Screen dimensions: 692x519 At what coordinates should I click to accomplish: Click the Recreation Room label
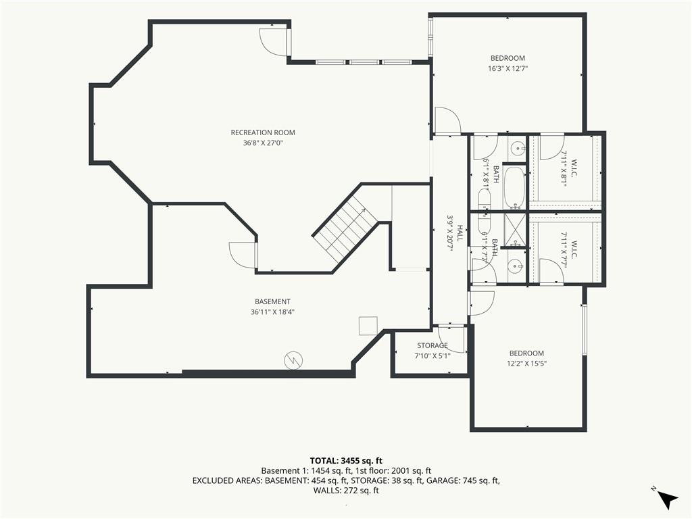263,132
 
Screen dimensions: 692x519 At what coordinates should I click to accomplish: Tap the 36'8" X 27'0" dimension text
263,143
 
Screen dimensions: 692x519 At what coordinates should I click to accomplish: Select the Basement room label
272,301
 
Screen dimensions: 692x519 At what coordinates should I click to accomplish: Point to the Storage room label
432,345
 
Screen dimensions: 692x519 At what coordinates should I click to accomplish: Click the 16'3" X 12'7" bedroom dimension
508,68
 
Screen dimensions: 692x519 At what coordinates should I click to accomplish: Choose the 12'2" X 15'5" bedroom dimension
526,364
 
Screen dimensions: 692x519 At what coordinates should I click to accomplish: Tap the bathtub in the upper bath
514,187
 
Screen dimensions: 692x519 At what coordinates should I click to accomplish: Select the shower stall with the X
515,230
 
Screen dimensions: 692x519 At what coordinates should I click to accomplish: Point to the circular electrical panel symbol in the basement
293,360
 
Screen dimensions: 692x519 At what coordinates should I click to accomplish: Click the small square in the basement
368,326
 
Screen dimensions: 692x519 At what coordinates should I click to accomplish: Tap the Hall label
460,233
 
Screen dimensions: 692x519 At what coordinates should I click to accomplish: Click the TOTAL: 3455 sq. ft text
346,461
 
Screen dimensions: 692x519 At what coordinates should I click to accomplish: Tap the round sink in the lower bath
515,266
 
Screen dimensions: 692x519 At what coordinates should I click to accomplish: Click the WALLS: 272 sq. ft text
346,491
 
